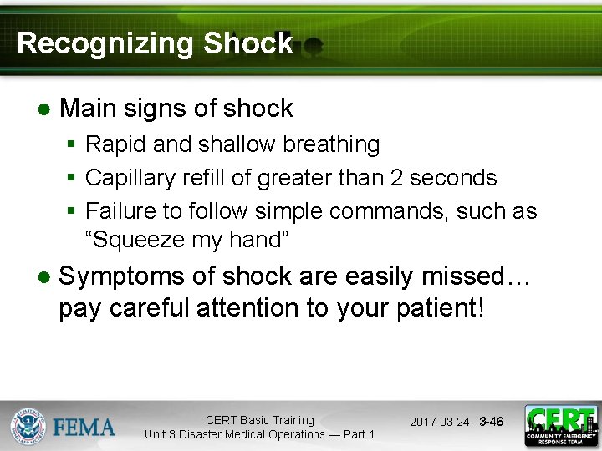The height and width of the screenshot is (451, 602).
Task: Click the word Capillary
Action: [125, 178]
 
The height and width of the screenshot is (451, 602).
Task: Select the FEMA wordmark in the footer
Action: [84, 428]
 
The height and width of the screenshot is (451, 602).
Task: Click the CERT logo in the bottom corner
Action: [561, 426]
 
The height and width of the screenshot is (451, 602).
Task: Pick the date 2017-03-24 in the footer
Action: [439, 423]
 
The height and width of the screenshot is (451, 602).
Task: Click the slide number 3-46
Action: [491, 423]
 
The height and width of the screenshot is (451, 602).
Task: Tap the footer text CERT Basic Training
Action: [259, 420]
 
